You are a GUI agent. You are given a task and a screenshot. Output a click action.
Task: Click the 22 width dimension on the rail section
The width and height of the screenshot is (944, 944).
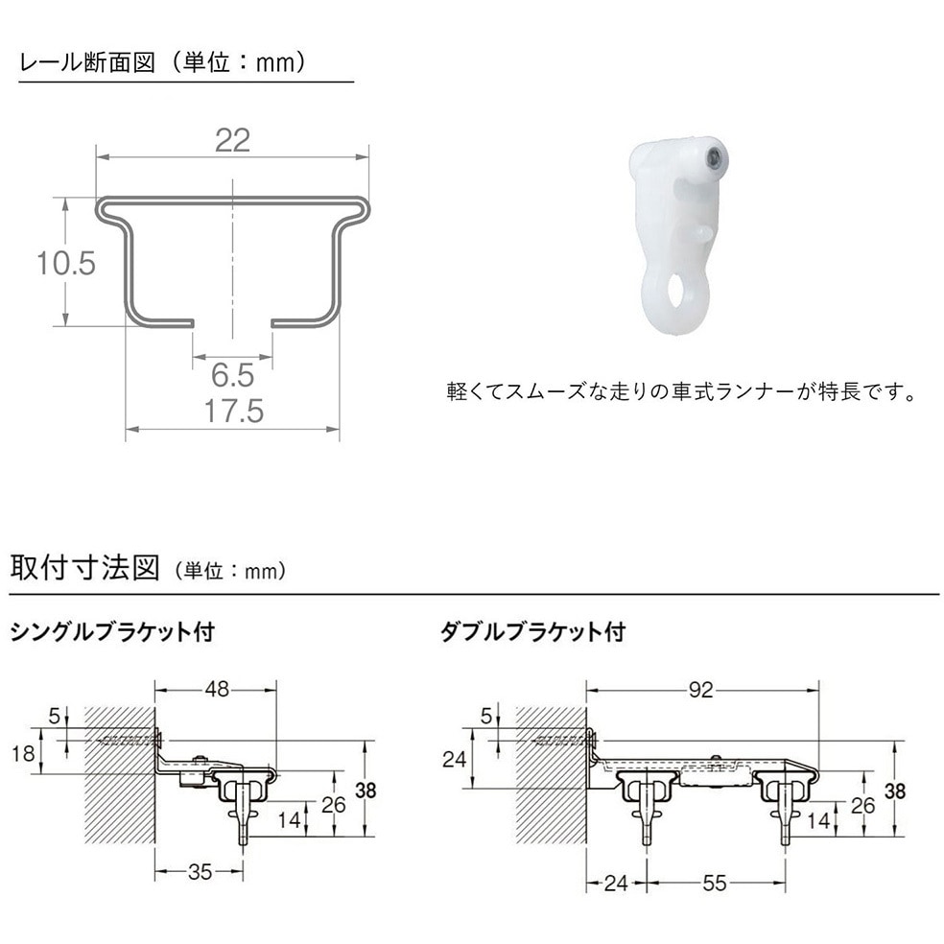coord(232,140)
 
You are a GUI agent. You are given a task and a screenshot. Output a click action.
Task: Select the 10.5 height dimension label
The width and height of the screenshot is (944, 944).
coord(66,263)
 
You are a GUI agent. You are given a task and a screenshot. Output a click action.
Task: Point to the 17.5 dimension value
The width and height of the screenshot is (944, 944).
coord(233,412)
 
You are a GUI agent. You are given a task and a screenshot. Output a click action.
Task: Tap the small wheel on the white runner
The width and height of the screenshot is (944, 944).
coord(715,157)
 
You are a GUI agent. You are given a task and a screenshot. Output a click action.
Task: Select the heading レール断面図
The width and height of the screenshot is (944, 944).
coord(86,62)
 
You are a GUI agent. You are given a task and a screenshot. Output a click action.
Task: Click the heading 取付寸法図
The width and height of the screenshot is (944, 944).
coord(84,567)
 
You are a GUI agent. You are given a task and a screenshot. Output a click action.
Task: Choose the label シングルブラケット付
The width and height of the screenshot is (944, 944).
coord(111,633)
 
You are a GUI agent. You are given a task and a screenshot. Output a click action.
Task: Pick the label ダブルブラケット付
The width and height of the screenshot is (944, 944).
coord(531,633)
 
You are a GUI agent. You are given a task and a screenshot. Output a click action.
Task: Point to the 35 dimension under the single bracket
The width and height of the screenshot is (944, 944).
coord(200,872)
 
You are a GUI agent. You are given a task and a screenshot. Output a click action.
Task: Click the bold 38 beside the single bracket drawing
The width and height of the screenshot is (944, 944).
coord(366,791)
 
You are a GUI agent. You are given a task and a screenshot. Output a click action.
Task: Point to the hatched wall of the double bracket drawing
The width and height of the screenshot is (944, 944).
coord(551,777)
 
